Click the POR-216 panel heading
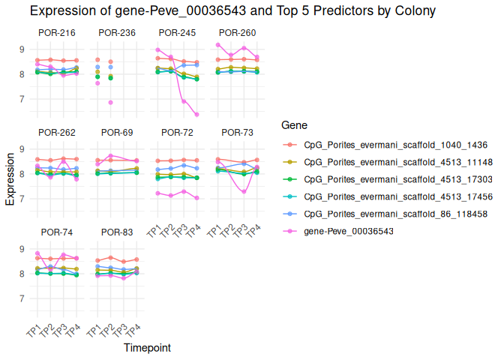(x=57, y=32)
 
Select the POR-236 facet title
(x=116, y=32)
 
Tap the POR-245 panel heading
(x=176, y=32)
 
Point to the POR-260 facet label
(x=235, y=32)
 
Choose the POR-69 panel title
(x=116, y=133)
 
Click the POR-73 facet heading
(x=235, y=133)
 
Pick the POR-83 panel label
(x=116, y=232)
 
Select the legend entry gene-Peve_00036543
(x=349, y=231)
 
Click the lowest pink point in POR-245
(x=196, y=115)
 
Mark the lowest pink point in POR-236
(x=110, y=102)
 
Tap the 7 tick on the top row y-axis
(x=22, y=99)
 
